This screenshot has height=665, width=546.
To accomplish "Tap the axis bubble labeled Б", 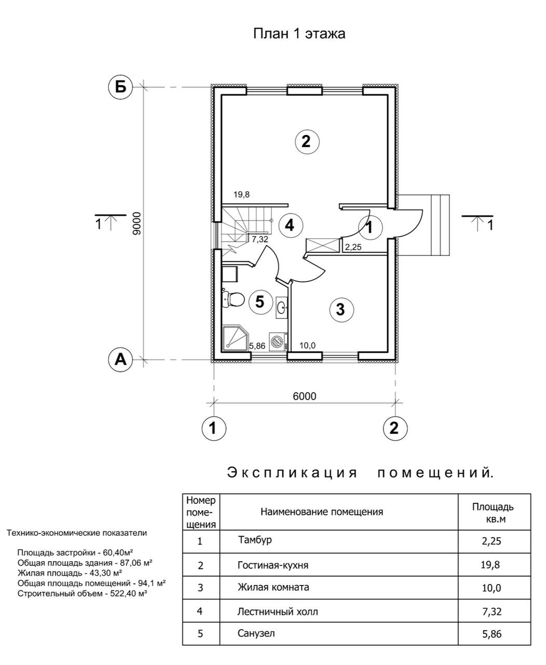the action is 120,87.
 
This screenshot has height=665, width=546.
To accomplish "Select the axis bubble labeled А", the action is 120,359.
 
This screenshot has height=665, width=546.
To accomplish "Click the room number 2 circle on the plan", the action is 306,141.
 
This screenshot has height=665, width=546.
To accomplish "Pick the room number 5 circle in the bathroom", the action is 261,302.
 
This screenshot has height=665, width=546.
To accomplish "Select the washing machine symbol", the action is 279,342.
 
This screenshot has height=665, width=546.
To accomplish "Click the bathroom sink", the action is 281,307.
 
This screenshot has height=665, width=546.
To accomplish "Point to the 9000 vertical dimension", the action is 136,223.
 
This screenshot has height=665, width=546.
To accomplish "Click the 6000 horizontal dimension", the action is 304,396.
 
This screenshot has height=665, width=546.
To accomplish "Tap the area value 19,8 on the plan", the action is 241,195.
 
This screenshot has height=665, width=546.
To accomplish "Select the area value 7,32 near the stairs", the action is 260,240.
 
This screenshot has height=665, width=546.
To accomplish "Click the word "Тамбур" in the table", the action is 255,540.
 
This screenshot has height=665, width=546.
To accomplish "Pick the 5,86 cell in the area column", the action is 493,633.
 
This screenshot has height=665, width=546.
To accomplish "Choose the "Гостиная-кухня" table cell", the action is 269,564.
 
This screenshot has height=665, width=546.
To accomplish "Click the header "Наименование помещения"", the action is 322,512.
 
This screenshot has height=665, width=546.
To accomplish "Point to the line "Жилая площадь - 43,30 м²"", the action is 70,573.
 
